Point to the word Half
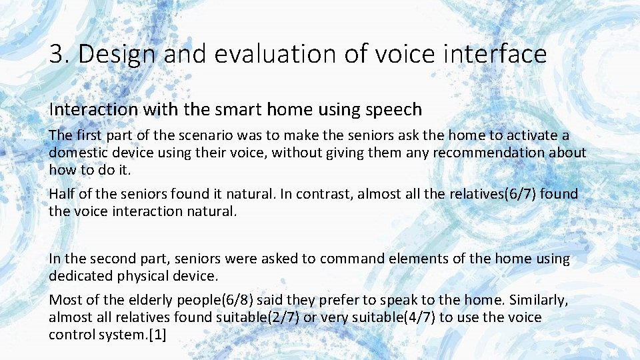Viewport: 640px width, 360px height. pos(63,195)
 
